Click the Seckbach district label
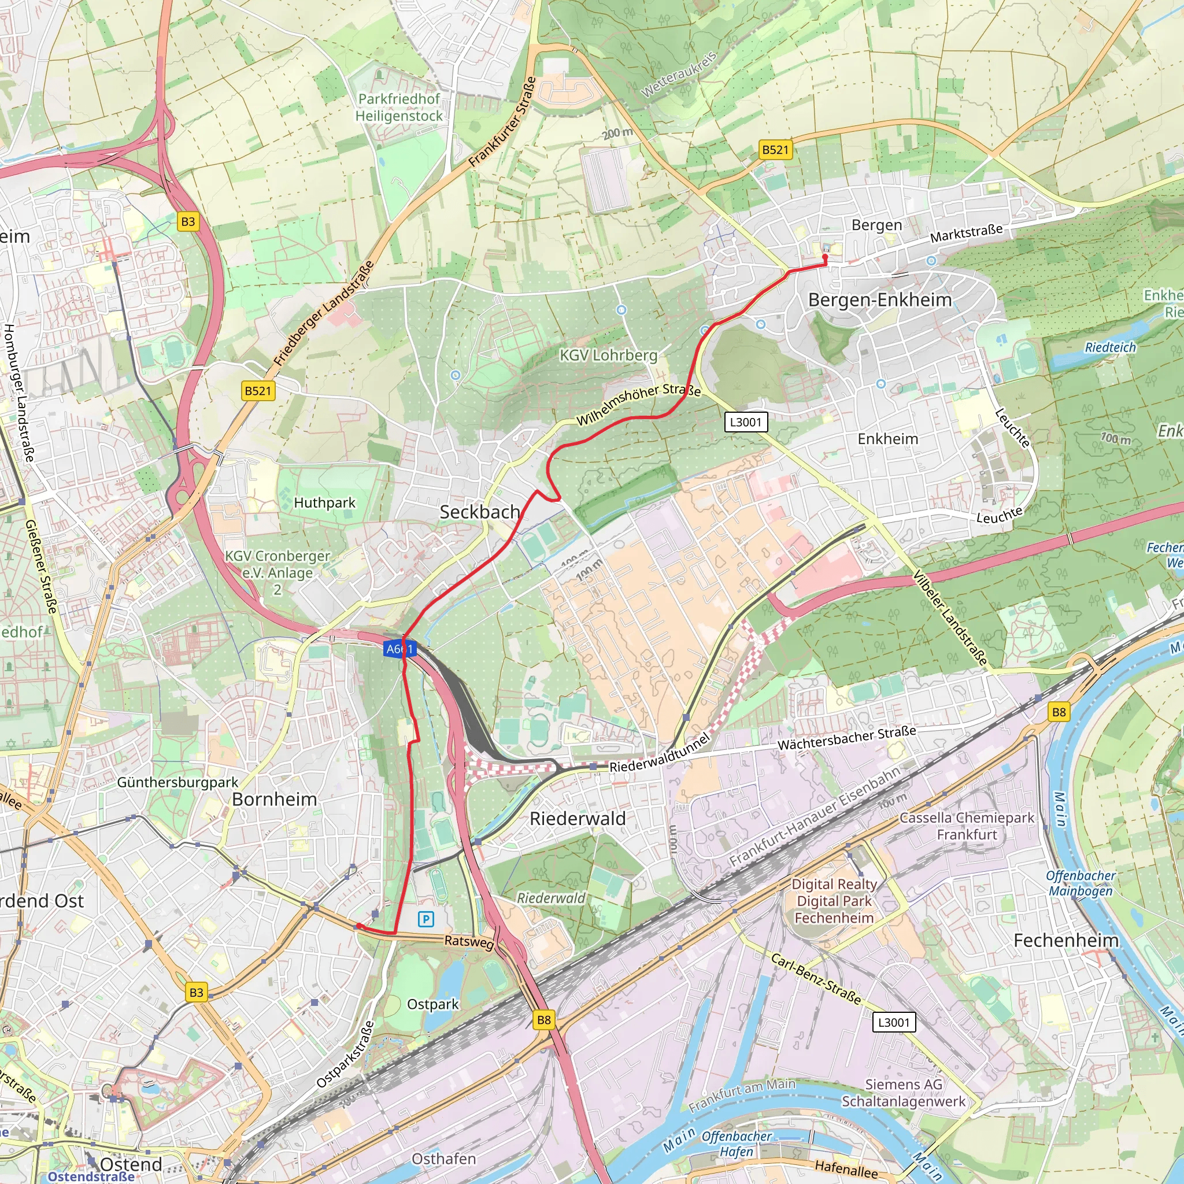[x=480, y=512]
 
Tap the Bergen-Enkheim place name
[x=879, y=299]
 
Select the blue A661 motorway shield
[x=400, y=649]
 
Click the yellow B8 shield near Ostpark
[x=543, y=1020]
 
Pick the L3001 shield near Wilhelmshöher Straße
[x=745, y=421]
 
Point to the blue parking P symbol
[x=426, y=919]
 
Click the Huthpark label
[x=324, y=502]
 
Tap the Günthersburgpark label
[x=177, y=782]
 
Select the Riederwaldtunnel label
[x=660, y=753]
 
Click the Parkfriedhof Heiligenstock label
[x=399, y=108]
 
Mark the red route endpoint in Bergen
[x=825, y=258]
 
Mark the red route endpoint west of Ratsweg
[x=358, y=926]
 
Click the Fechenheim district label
[x=1065, y=940]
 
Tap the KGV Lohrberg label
[x=608, y=356]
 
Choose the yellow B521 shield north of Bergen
[x=775, y=150]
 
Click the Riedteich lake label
[x=1110, y=347]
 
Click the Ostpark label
[x=432, y=1004]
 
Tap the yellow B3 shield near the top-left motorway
[x=188, y=221]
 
